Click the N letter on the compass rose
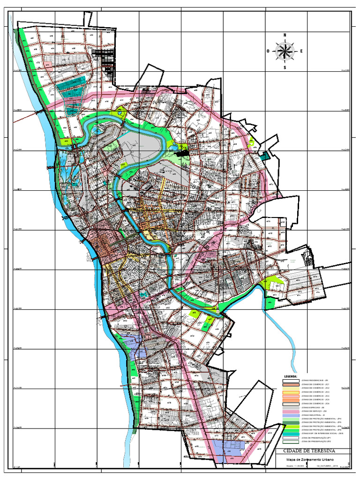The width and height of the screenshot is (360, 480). tap(285, 35)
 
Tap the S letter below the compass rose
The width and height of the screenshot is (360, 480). tap(285, 67)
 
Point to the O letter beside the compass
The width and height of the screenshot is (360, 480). tap(268, 51)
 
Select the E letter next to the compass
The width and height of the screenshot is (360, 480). tap(301, 51)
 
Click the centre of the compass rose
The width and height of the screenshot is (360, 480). tap(285, 51)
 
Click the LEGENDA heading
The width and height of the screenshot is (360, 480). tap(291, 376)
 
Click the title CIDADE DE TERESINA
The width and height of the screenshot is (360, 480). tap(310, 450)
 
